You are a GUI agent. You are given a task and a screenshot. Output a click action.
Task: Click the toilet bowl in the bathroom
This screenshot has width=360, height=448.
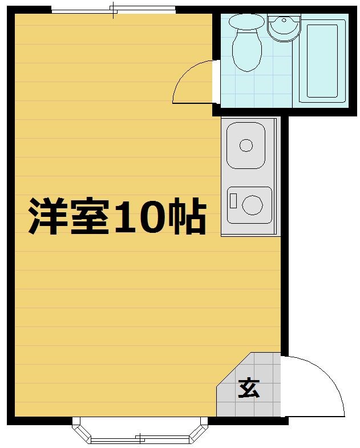pyautogui.click(x=247, y=50)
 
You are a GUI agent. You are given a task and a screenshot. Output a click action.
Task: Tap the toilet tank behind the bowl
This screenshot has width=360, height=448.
pyautogui.click(x=247, y=22)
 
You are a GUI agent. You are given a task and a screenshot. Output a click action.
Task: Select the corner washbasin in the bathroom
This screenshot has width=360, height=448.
pyautogui.click(x=284, y=28)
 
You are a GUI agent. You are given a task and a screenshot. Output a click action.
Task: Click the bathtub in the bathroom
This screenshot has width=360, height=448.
pyautogui.click(x=322, y=61)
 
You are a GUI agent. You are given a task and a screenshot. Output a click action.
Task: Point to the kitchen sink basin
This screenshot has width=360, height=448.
pyautogui.click(x=246, y=146)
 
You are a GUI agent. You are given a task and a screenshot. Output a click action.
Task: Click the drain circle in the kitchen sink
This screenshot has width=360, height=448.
pyautogui.click(x=246, y=146)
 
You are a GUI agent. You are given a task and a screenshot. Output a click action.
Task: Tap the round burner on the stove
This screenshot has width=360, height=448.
pyautogui.click(x=253, y=205)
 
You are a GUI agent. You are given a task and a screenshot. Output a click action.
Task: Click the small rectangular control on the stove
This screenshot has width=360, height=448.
pyautogui.click(x=233, y=201)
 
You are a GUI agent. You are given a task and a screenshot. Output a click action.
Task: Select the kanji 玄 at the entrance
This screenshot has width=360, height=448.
pyautogui.click(x=249, y=388)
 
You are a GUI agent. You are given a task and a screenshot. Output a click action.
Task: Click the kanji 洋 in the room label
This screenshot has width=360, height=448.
pyautogui.click(x=47, y=216)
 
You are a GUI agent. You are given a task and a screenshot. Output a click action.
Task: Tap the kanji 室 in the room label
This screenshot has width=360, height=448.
pyautogui.click(x=90, y=216)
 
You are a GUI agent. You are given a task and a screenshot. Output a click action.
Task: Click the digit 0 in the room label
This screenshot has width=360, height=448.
pyautogui.click(x=150, y=216)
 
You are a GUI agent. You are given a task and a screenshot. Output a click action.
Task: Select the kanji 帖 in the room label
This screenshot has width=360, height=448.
pyautogui.click(x=187, y=216)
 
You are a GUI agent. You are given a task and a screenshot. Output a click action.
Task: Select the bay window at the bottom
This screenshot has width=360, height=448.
pyautogui.click(x=140, y=430)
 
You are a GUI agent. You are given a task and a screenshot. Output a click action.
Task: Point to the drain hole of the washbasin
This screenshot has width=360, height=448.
pyautogui.click(x=284, y=20)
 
